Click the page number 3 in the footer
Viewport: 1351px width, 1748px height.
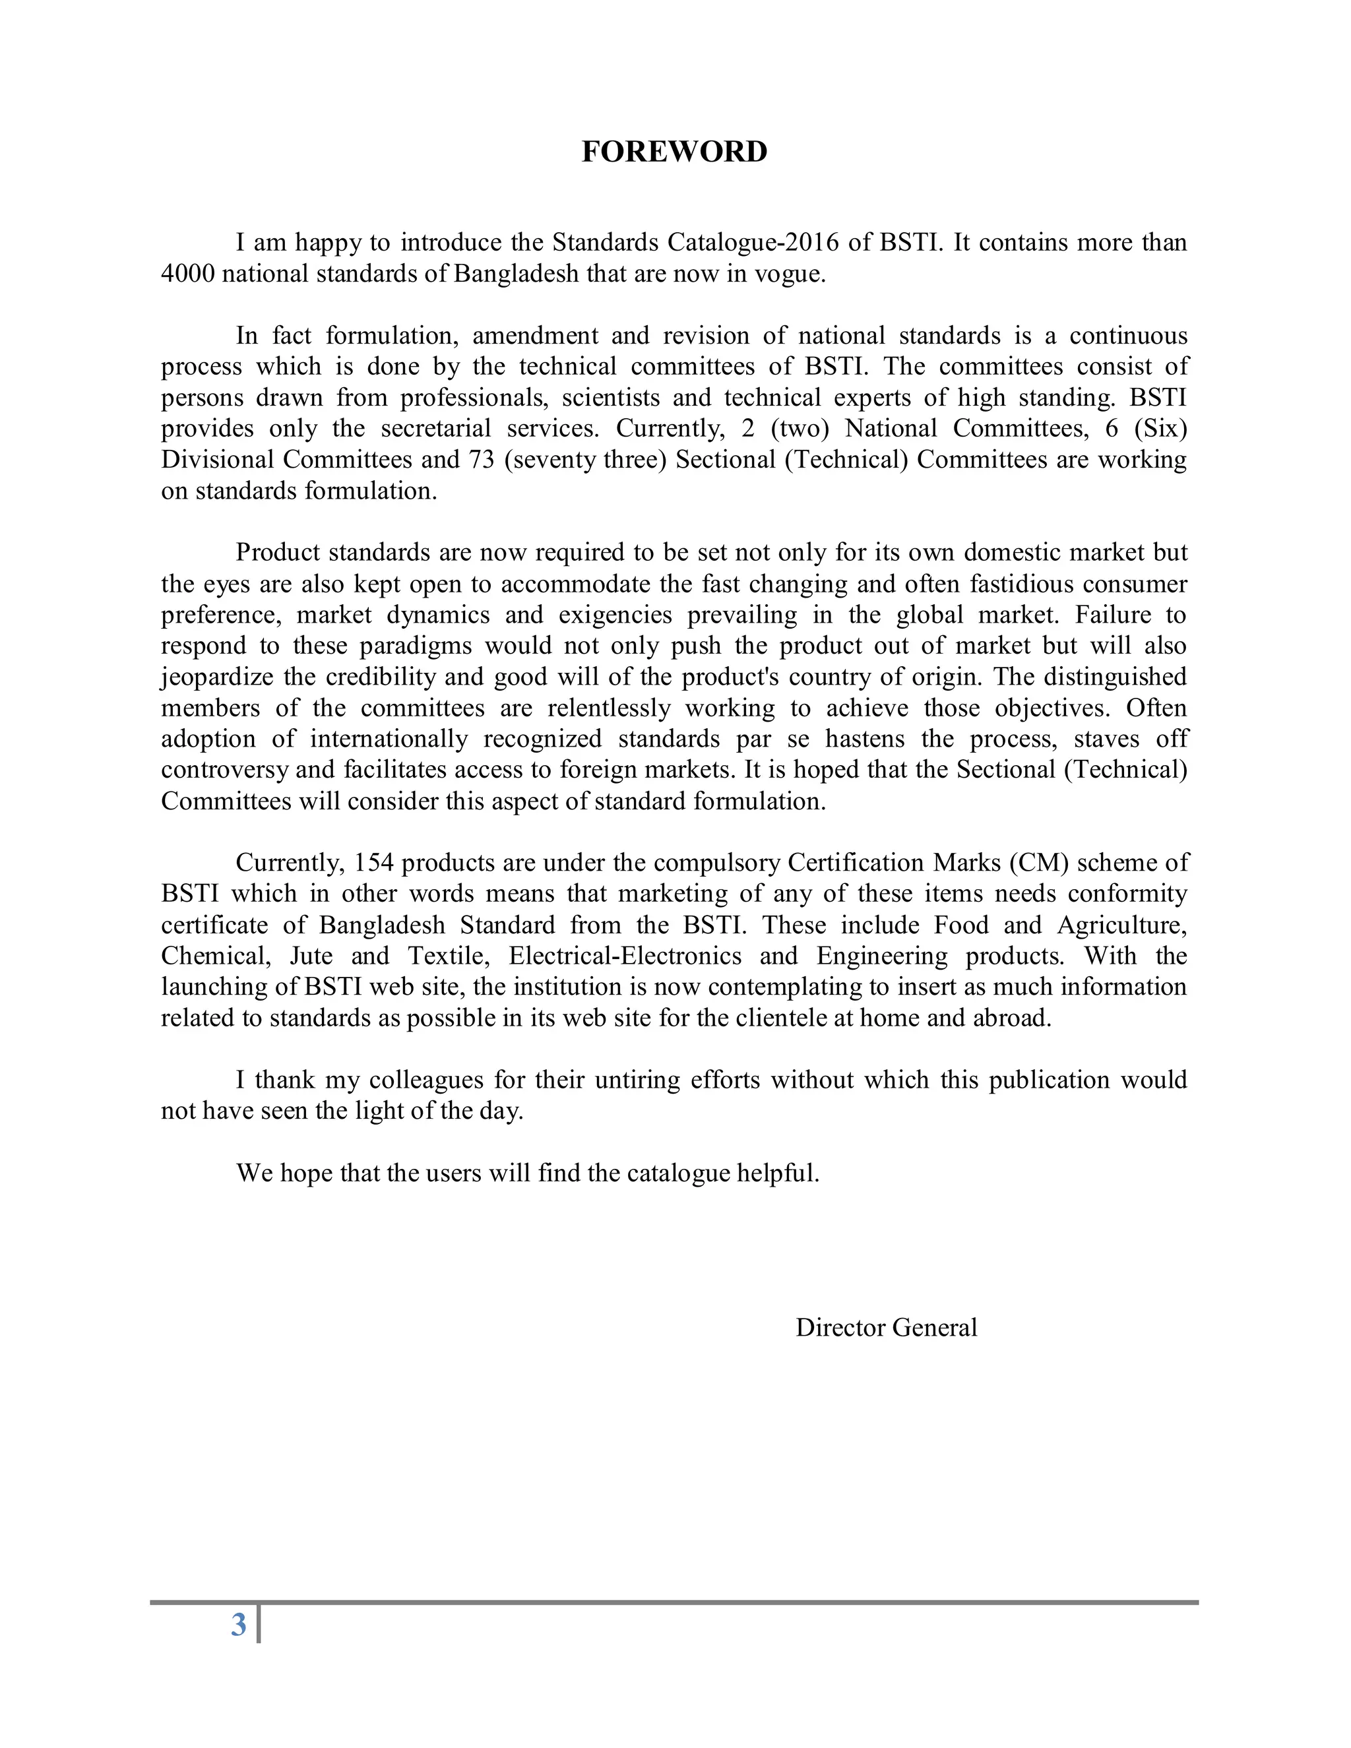(239, 1625)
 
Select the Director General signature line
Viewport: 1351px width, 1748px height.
(886, 1328)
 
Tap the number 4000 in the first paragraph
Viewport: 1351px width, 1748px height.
(187, 274)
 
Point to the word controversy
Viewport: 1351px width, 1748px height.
(225, 770)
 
